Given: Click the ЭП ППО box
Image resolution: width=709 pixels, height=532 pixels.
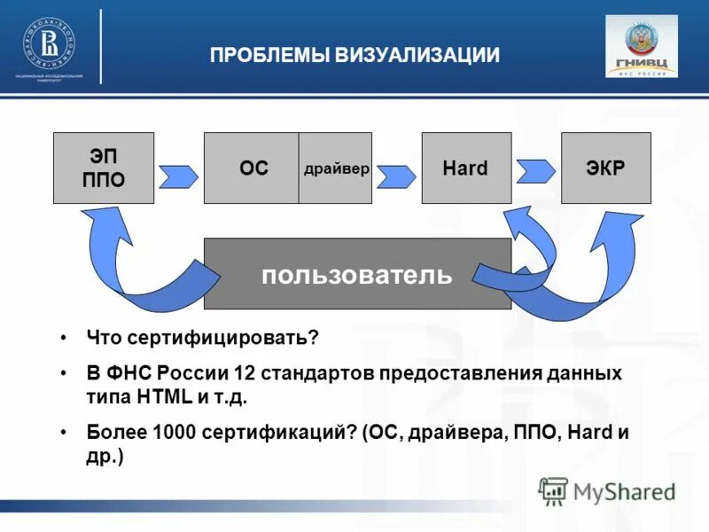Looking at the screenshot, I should pos(104,168).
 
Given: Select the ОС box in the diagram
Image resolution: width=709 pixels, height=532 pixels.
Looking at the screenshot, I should pos(252,168).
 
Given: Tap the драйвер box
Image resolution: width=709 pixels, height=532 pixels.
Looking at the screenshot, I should pos(336,168).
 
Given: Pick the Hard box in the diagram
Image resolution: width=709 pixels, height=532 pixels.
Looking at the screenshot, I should pos(466,168).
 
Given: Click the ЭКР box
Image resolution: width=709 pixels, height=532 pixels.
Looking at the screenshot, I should pos(606,168).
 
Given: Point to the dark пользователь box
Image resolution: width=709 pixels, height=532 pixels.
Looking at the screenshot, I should pos(357,274).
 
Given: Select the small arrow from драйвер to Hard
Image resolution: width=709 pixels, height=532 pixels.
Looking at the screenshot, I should pos(395,176).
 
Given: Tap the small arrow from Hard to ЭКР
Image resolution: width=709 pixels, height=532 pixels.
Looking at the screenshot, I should pos(536,168).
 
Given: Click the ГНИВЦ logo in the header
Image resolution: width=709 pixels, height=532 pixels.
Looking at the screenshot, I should pos(641,46).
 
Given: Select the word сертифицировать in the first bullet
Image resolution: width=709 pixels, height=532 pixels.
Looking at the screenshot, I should pos(222,338).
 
